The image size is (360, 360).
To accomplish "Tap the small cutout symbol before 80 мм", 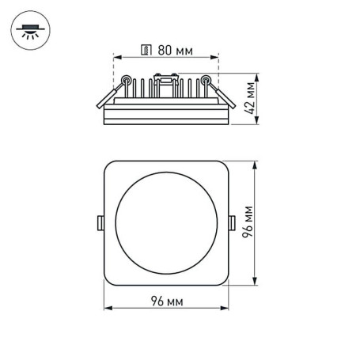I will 146,49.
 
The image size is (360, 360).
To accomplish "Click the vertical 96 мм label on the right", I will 248,225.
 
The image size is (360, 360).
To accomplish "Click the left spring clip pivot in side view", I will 125,80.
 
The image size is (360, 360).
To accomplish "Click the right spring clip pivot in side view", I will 207,80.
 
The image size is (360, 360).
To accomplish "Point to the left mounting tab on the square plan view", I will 100,224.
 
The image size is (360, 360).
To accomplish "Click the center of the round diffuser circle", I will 165,225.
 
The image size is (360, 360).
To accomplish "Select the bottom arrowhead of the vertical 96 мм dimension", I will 255,285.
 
